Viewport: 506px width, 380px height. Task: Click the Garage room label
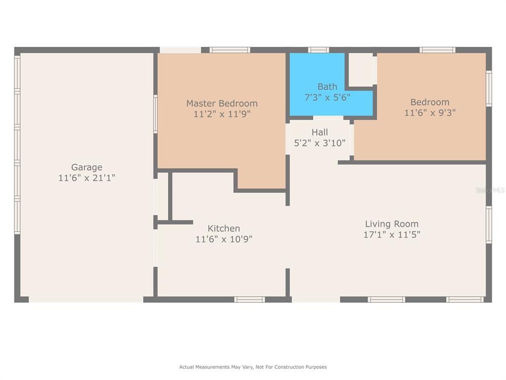(x=86, y=167)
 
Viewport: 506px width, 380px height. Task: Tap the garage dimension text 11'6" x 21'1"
(x=86, y=178)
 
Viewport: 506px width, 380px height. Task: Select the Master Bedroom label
(x=222, y=103)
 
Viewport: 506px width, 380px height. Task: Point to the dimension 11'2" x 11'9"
(x=222, y=114)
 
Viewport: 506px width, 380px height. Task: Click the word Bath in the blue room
(x=327, y=87)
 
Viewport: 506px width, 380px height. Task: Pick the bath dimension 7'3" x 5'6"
(x=327, y=97)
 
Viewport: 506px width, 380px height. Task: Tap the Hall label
(x=320, y=132)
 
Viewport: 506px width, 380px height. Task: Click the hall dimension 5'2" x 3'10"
(x=320, y=143)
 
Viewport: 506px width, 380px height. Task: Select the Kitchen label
(x=224, y=229)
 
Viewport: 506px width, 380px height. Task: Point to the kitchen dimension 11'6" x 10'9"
(x=224, y=239)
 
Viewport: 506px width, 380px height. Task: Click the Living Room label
(x=392, y=224)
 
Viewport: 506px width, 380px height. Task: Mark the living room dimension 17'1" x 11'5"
(x=392, y=235)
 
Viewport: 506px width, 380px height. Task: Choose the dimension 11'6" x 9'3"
(x=430, y=113)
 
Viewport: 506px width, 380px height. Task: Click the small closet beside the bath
(x=361, y=69)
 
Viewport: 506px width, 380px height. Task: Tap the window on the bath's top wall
(x=319, y=50)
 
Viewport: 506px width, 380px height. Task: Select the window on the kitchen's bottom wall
(x=250, y=299)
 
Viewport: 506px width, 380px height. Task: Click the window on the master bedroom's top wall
(x=230, y=50)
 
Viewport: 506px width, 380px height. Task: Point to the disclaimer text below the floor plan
(x=253, y=367)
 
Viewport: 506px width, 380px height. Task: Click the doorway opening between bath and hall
(x=328, y=118)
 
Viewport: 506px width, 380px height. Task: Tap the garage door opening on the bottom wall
(x=86, y=299)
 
